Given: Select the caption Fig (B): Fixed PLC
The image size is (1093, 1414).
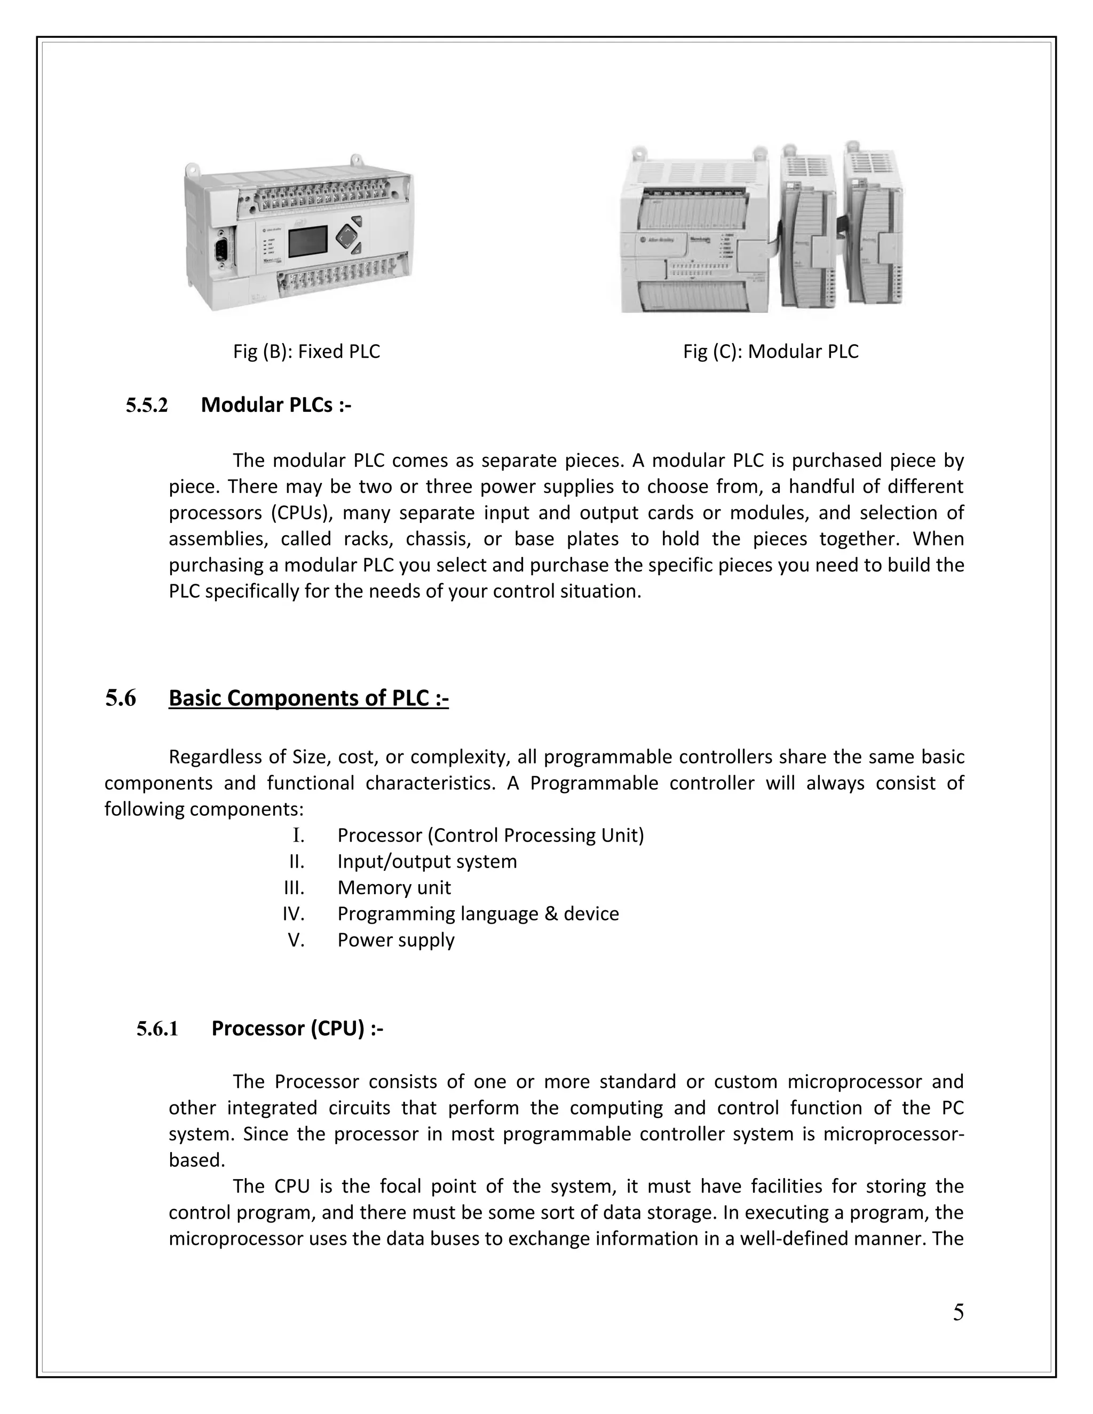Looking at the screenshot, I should [x=306, y=352].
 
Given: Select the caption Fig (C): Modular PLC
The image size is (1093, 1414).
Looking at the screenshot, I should [x=771, y=352].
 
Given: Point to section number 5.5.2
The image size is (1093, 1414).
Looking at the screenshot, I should [x=146, y=406].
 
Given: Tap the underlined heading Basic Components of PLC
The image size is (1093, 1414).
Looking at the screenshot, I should [x=308, y=698].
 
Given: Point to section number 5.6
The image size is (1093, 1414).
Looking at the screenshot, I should [x=121, y=698].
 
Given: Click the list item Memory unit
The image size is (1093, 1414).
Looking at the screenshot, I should [x=394, y=888].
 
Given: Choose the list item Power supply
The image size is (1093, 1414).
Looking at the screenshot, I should [x=395, y=940].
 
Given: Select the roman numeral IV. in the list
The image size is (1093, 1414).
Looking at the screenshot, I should [x=294, y=914].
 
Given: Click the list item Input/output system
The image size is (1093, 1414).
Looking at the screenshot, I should [x=427, y=862].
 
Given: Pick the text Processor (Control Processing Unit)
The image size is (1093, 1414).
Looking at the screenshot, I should [x=490, y=835].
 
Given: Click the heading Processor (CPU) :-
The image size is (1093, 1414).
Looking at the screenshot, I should [x=297, y=1028].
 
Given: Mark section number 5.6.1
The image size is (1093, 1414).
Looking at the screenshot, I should [x=157, y=1029].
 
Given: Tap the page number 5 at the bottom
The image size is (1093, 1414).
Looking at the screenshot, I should [x=957, y=1313].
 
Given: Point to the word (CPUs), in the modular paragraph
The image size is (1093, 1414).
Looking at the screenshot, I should [x=298, y=513].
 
